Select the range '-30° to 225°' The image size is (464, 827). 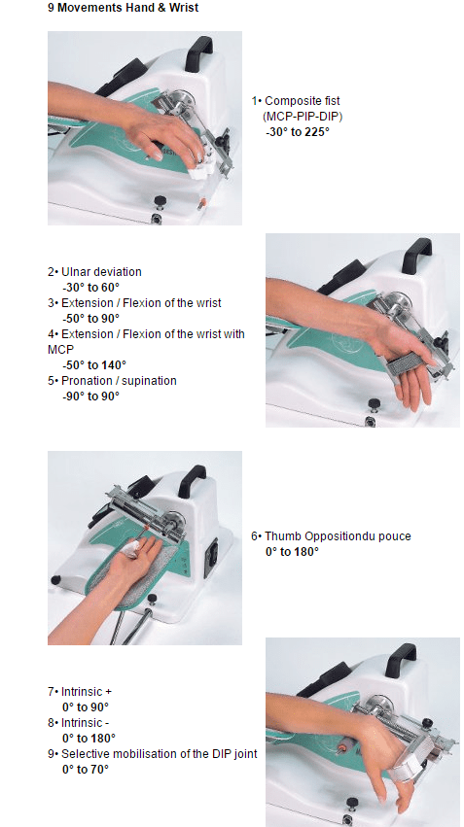(x=298, y=130)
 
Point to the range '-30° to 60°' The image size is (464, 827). (x=90, y=288)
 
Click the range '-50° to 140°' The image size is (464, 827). (x=93, y=364)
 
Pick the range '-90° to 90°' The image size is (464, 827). (x=90, y=396)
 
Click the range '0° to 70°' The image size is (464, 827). (x=86, y=770)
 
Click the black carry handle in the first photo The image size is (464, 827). (x=201, y=49)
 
